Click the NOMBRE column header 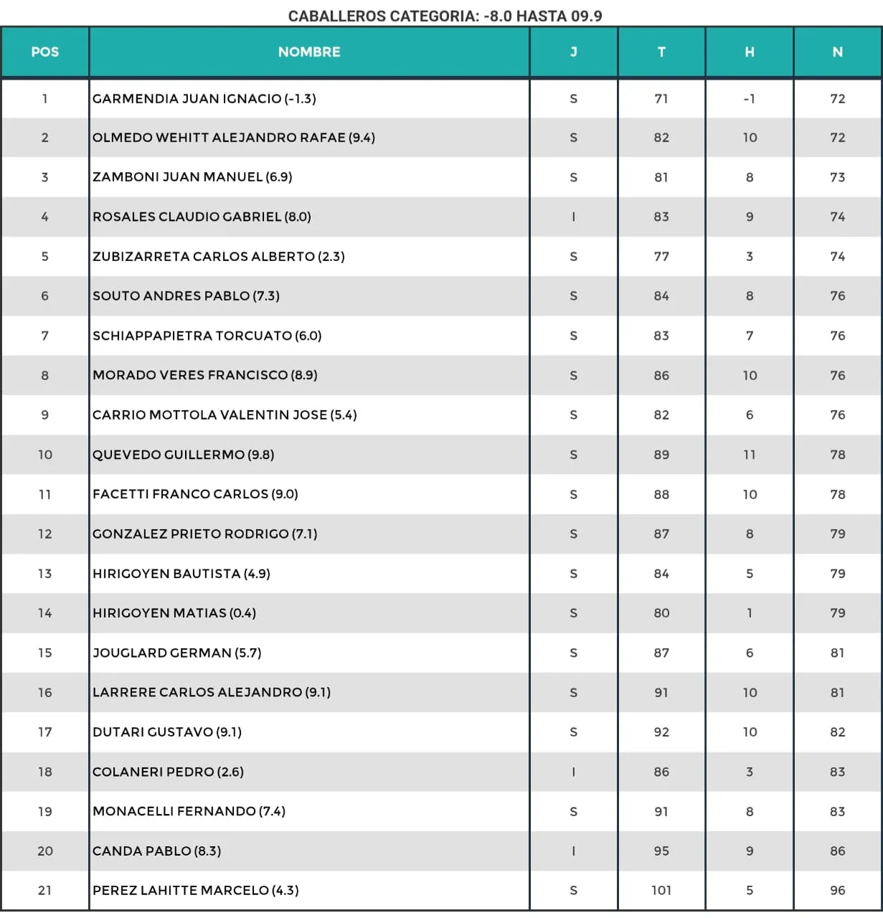coord(309,52)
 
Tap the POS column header coord(44,52)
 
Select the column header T coord(661,52)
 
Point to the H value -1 coord(749,99)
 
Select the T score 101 coord(661,890)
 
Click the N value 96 coord(837,890)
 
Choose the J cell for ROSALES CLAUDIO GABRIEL coord(573,217)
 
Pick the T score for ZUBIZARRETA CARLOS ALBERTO coord(661,256)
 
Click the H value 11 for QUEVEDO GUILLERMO coord(749,455)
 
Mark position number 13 coord(44,574)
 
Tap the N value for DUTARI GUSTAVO coord(837,732)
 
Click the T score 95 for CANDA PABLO coord(661,851)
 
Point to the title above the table coord(445,16)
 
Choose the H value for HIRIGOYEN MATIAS coord(749,613)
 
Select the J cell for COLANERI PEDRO coord(573,772)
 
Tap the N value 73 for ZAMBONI coord(837,177)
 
